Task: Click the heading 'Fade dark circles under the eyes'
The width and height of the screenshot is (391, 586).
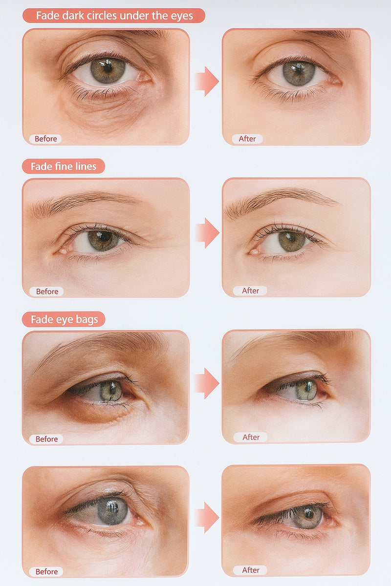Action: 114,16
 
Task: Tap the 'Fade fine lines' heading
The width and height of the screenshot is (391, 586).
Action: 64,167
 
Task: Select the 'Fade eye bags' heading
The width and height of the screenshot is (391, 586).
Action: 64,320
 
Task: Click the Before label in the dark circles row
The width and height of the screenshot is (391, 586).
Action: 45,139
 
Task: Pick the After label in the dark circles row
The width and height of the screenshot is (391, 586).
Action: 247,139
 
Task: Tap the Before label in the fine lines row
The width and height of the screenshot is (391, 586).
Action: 47,292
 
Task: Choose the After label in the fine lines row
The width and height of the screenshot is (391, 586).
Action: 250,291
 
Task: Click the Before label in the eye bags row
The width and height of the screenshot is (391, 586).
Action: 46,439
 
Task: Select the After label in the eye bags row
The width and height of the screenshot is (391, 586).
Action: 251,438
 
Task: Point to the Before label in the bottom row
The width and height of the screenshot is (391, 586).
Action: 46,571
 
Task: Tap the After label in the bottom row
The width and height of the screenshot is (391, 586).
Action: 251,570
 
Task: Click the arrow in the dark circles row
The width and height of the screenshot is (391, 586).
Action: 206,81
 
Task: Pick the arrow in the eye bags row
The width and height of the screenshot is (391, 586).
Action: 206,383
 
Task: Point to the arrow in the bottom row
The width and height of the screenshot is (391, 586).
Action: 206,517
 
